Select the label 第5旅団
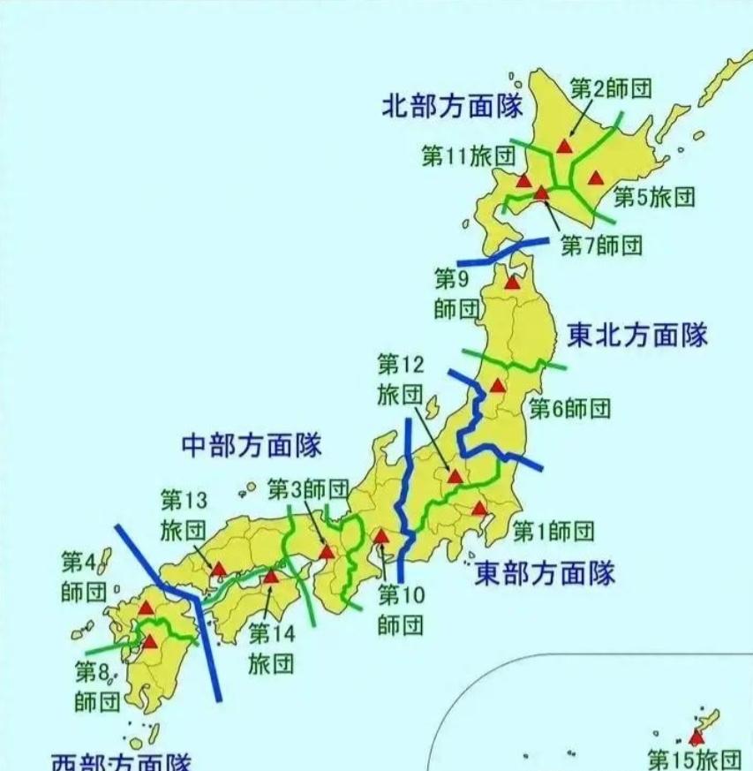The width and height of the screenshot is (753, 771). (654, 197)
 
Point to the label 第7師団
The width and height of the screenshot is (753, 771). (601, 245)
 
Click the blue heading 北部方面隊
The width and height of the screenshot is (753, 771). (452, 107)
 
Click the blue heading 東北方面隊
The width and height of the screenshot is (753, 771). (637, 336)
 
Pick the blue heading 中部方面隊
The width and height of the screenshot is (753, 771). (251, 445)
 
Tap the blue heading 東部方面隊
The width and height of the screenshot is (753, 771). (545, 574)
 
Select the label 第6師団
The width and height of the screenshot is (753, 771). (569, 408)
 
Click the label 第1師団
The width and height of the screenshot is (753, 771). (553, 531)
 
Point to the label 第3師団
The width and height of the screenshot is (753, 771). (308, 488)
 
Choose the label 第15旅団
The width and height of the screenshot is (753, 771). (694, 759)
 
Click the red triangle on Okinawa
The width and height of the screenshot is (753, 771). (697, 737)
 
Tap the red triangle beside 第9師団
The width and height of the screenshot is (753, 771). (512, 283)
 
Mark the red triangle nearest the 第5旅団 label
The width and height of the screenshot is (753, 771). (597, 176)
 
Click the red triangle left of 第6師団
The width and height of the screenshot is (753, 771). (498, 385)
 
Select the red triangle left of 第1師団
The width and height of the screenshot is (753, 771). (479, 508)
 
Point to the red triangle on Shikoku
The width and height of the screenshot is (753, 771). (271, 577)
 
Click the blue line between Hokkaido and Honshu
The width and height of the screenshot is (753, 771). (502, 252)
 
